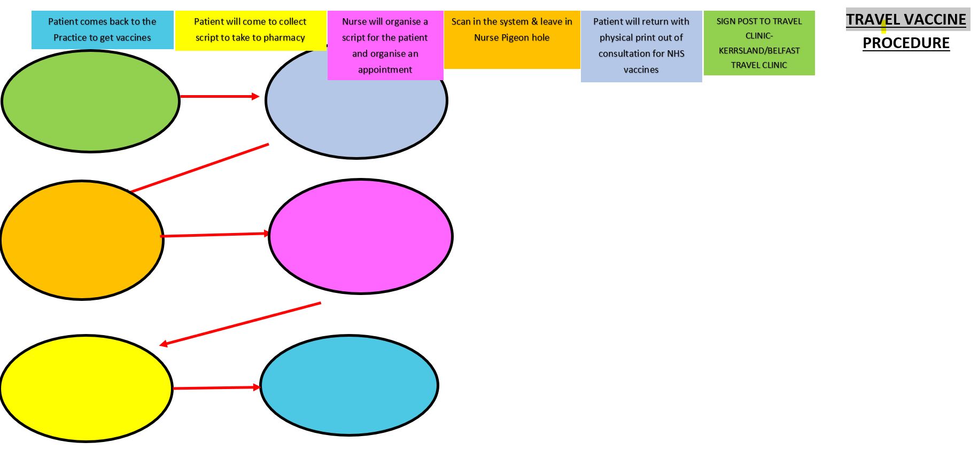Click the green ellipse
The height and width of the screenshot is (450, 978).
[90, 101]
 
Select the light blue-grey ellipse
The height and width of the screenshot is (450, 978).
[356, 118]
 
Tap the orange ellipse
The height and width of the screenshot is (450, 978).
[82, 240]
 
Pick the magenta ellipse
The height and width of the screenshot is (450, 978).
[361, 236]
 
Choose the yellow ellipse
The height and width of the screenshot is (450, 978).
[86, 388]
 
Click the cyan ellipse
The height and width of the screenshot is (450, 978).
[350, 385]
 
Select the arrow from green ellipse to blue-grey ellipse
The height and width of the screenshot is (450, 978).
[220, 97]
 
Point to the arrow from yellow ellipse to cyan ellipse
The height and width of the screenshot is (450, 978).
[216, 388]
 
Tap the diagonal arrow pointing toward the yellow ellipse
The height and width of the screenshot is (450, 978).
[240, 324]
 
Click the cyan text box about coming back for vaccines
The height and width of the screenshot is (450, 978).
[103, 30]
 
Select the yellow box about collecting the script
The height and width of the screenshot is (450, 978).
[250, 30]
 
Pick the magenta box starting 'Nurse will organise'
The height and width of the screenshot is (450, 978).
[385, 45]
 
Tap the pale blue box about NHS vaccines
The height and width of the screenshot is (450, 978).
[641, 46]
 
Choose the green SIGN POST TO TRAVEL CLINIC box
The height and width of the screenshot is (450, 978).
[759, 43]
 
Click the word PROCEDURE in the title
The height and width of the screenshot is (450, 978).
[906, 43]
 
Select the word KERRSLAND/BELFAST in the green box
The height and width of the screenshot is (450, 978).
[759, 51]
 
